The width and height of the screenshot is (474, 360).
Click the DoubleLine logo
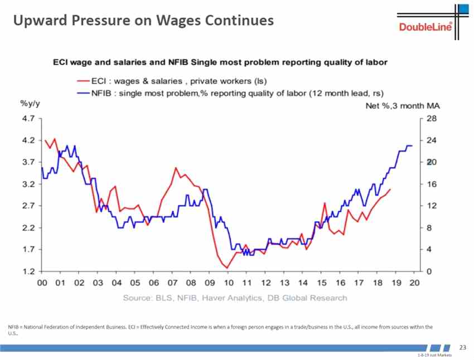pyautogui.click(x=425, y=27)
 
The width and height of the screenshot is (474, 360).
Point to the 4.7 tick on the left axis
pyautogui.click(x=27, y=119)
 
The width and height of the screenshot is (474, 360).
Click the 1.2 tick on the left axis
pyautogui.click(x=27, y=271)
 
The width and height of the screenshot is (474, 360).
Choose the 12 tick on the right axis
pyautogui.click(x=431, y=206)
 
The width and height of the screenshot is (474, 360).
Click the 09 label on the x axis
pyautogui.click(x=209, y=284)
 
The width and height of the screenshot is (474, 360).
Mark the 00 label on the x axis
pyautogui.click(x=42, y=284)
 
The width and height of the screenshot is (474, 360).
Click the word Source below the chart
pyautogui.click(x=138, y=298)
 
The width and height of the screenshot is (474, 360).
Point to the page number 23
pyautogui.click(x=462, y=348)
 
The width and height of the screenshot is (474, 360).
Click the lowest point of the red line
pyautogui.click(x=227, y=268)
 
